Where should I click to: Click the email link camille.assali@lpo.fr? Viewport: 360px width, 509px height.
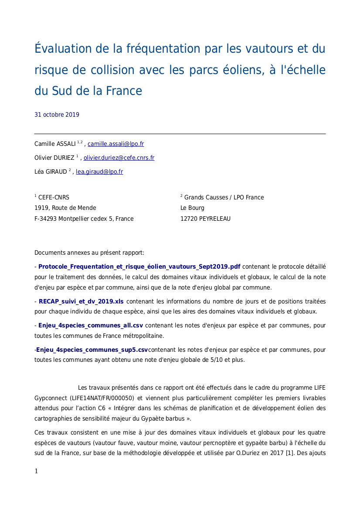click(x=115, y=144)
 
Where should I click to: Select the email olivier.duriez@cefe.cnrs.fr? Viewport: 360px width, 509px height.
click(x=119, y=158)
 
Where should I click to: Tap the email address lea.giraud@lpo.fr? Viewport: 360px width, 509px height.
click(x=99, y=172)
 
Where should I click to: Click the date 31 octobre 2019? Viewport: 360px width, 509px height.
click(x=57, y=115)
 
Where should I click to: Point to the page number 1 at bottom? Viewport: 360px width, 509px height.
click(x=36, y=471)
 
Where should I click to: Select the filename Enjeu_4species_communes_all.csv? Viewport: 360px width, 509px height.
click(x=90, y=325)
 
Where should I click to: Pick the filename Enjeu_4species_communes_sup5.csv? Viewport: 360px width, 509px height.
click(x=92, y=350)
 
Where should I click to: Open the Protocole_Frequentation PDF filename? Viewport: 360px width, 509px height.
click(x=139, y=266)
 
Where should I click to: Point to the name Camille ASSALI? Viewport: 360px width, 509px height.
click(x=55, y=144)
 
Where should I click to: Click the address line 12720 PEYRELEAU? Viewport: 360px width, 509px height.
click(x=205, y=219)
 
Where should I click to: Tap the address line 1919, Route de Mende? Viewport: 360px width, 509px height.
click(x=65, y=208)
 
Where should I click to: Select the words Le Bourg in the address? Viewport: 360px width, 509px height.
click(x=192, y=208)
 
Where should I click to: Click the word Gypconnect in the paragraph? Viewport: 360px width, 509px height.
click(x=49, y=398)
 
